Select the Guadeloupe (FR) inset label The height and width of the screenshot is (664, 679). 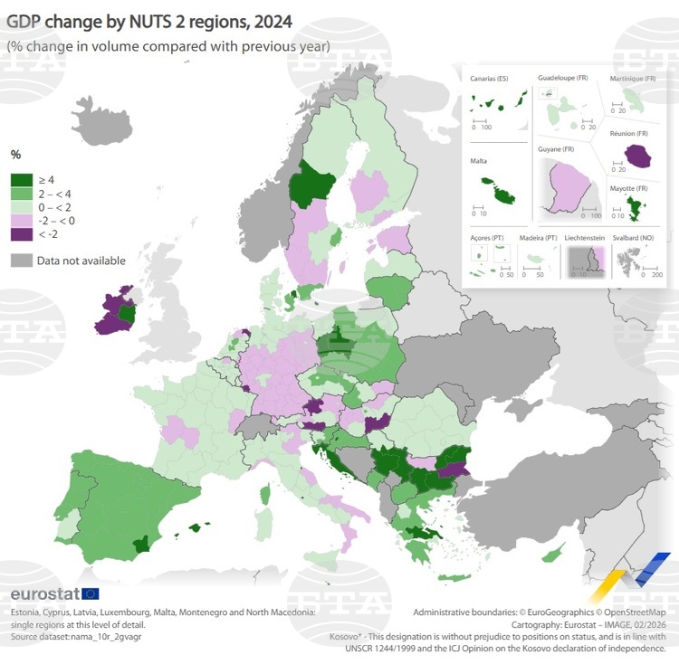[x=563, y=78]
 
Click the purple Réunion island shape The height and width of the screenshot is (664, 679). [x=639, y=156]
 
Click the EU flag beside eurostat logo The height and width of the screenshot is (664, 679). [x=91, y=593]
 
